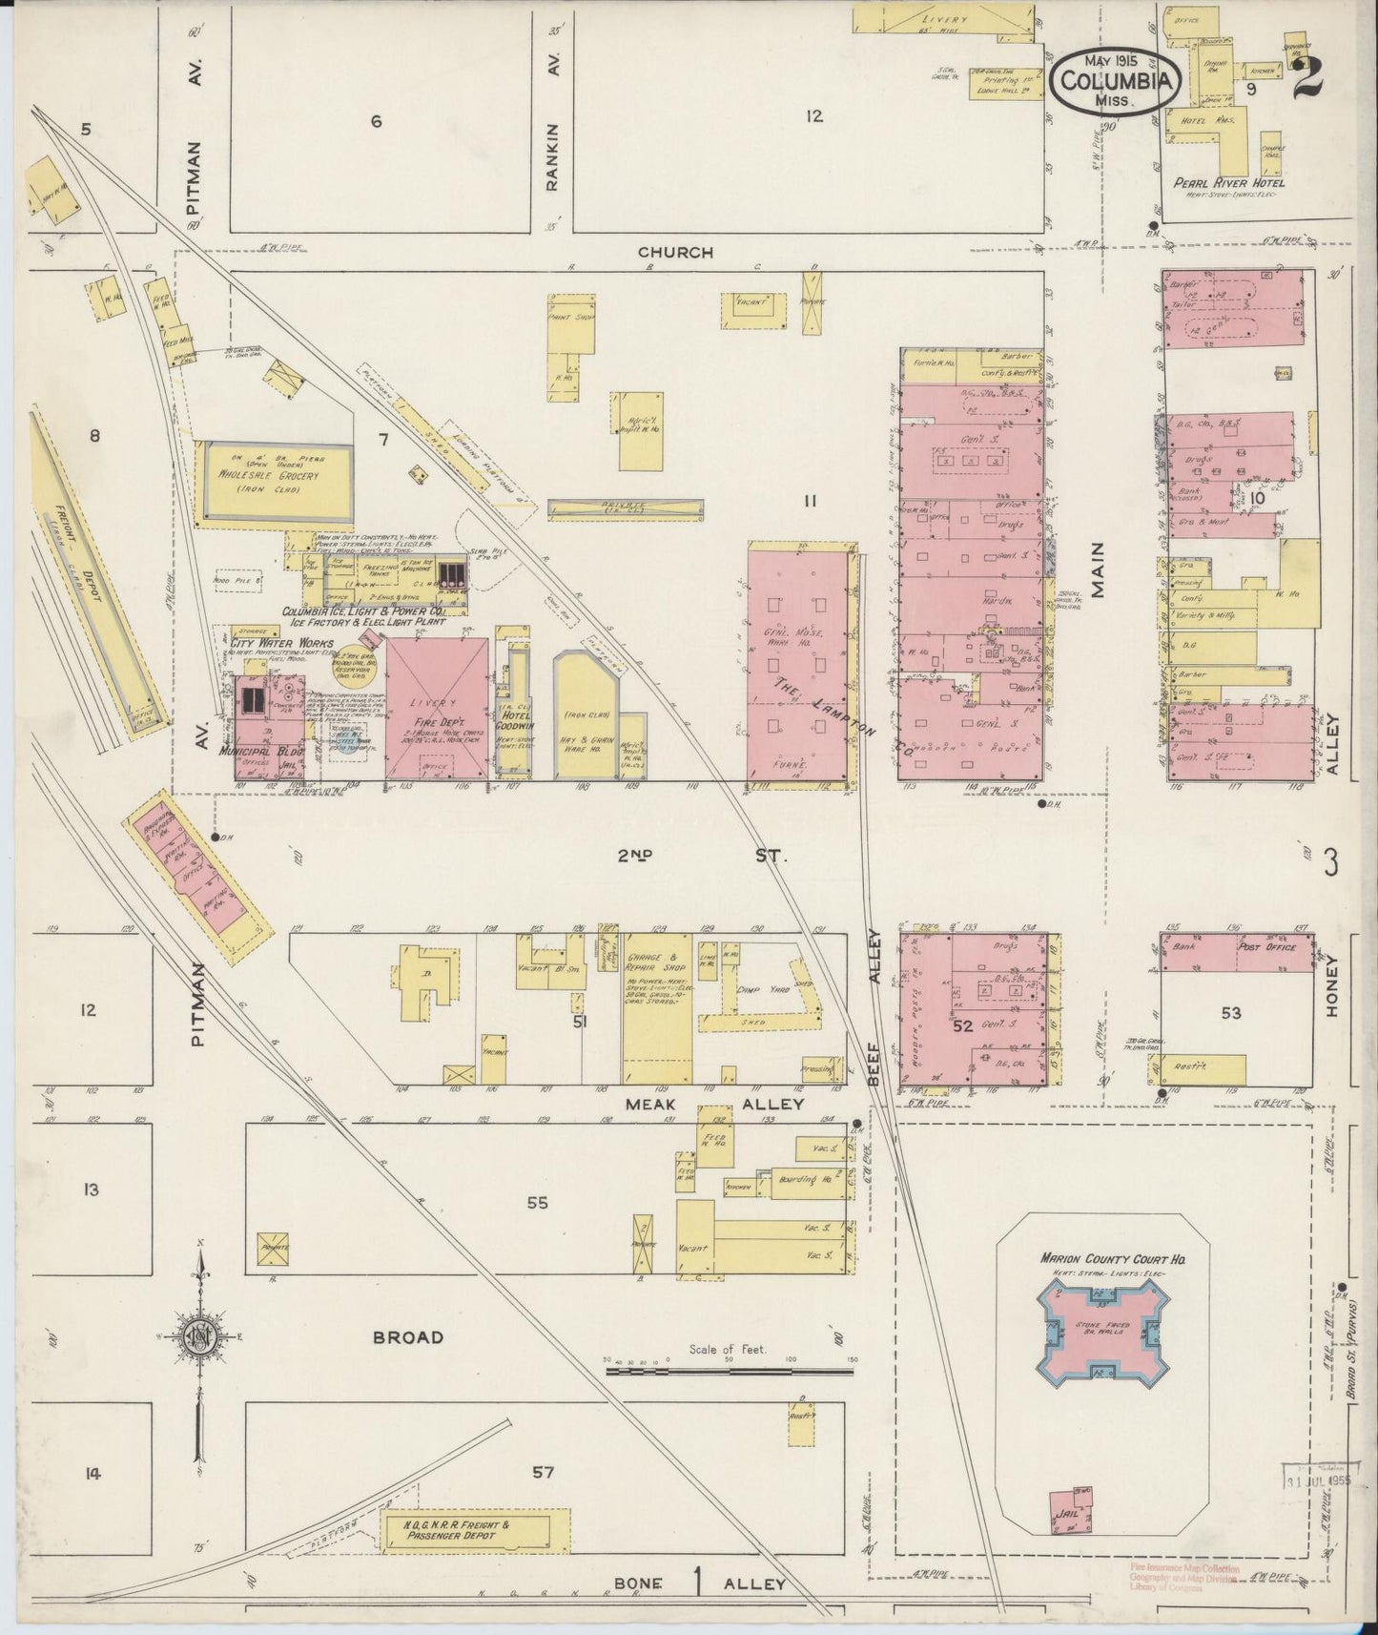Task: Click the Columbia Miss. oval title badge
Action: click(x=1111, y=79)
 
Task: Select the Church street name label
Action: click(x=675, y=253)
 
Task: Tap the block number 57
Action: click(x=543, y=1472)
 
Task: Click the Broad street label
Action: click(x=408, y=1337)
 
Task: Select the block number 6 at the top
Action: click(x=376, y=121)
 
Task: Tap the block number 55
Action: click(x=538, y=1203)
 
